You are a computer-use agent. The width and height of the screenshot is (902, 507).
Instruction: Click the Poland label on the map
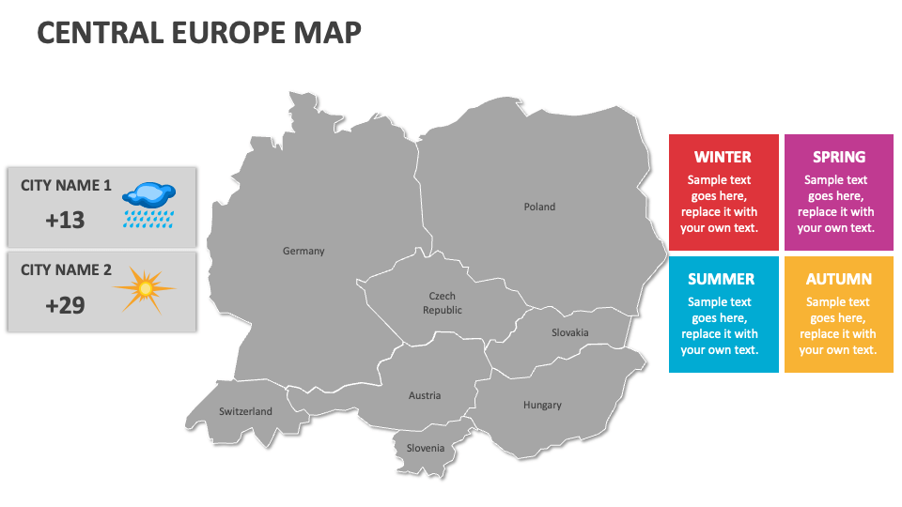coord(539,207)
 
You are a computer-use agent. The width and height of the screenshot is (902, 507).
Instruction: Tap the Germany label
coord(303,251)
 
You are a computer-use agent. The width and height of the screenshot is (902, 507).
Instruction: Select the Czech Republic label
coord(443,303)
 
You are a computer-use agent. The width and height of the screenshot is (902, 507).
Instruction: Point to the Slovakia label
coord(570,332)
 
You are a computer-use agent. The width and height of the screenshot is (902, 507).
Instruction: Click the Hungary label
coord(542,405)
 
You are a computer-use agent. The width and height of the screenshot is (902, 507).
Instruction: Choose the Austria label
coord(425,395)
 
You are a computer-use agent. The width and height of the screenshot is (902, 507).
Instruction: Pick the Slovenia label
coord(426,448)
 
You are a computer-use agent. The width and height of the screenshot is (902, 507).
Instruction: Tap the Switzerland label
coord(245,411)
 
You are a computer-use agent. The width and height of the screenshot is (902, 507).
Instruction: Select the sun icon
coord(145,289)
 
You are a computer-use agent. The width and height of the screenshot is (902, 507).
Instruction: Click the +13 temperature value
coord(65,220)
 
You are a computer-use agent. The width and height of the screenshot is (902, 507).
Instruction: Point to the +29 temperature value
coord(65,304)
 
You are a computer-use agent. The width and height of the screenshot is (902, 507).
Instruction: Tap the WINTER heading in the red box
coord(723,157)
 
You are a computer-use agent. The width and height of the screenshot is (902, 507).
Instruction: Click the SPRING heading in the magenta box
coord(839,157)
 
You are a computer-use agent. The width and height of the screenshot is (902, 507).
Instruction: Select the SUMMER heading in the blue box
coord(721,279)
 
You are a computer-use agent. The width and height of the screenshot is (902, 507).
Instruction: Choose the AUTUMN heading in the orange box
coord(838,279)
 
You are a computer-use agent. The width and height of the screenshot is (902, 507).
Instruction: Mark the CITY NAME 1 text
coord(66,186)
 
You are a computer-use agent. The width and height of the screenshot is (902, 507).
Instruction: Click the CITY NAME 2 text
coord(66,270)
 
